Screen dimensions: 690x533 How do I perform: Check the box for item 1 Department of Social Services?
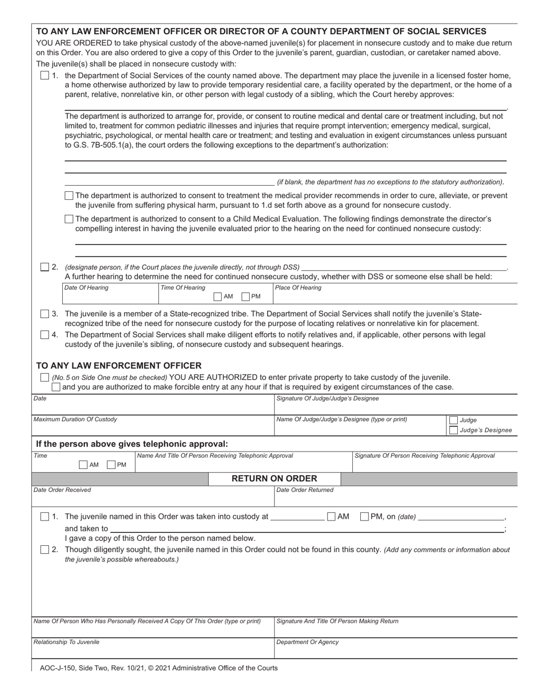click(44, 76)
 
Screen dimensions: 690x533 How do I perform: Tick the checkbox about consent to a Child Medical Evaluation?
click(68, 219)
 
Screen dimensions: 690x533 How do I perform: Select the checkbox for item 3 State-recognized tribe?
click(44, 314)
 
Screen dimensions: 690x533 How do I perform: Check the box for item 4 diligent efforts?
click(44, 335)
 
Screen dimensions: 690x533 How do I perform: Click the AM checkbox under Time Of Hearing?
click(217, 297)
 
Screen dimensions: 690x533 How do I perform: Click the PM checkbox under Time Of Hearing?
click(245, 297)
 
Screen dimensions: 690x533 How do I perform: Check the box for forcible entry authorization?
click(56, 387)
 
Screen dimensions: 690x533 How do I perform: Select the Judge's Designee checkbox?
click(453, 430)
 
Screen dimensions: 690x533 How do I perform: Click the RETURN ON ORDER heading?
click(274, 479)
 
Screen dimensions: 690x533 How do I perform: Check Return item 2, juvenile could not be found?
click(44, 550)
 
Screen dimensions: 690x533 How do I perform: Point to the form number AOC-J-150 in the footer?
click(62, 668)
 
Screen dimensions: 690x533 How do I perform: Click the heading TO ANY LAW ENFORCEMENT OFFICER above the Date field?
click(118, 365)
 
